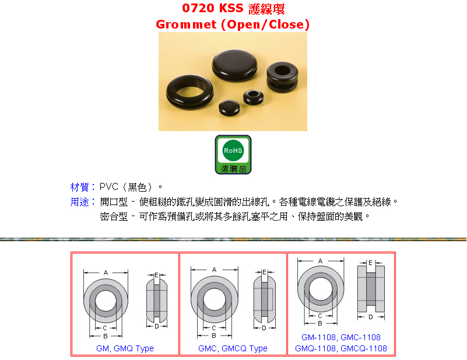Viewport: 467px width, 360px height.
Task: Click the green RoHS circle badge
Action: point(233,150)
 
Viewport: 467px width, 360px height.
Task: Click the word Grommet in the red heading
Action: point(186,24)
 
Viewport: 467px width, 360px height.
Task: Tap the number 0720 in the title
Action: point(198,8)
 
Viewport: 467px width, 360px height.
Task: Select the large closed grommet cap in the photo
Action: point(235,65)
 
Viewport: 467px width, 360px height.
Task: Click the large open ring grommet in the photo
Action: point(189,91)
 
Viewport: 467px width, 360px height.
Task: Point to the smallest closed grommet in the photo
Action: point(229,107)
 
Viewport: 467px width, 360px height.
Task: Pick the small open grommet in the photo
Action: point(253,97)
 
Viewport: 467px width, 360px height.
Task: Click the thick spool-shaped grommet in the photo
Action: point(282,77)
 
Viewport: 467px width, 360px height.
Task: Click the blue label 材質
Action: point(79,187)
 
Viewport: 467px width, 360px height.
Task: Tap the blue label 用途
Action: point(79,202)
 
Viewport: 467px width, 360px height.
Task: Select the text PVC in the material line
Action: point(108,187)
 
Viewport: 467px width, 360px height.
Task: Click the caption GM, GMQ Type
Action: point(125,348)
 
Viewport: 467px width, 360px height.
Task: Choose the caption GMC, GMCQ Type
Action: point(233,348)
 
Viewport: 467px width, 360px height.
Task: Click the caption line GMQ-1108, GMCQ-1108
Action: point(341,348)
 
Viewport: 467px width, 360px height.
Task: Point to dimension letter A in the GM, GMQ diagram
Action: point(106,273)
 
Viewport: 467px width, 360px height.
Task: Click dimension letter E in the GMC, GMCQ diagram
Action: point(264,272)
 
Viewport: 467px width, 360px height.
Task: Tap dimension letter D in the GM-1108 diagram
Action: point(370,317)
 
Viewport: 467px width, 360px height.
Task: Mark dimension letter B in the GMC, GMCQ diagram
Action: point(214,336)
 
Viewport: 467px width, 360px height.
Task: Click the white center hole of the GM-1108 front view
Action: point(321,288)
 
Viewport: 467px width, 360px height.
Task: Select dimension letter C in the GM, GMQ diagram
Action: point(105,328)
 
